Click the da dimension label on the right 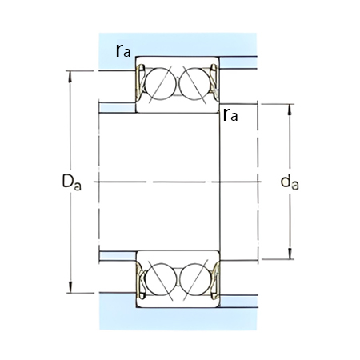290,183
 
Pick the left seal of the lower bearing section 138,282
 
